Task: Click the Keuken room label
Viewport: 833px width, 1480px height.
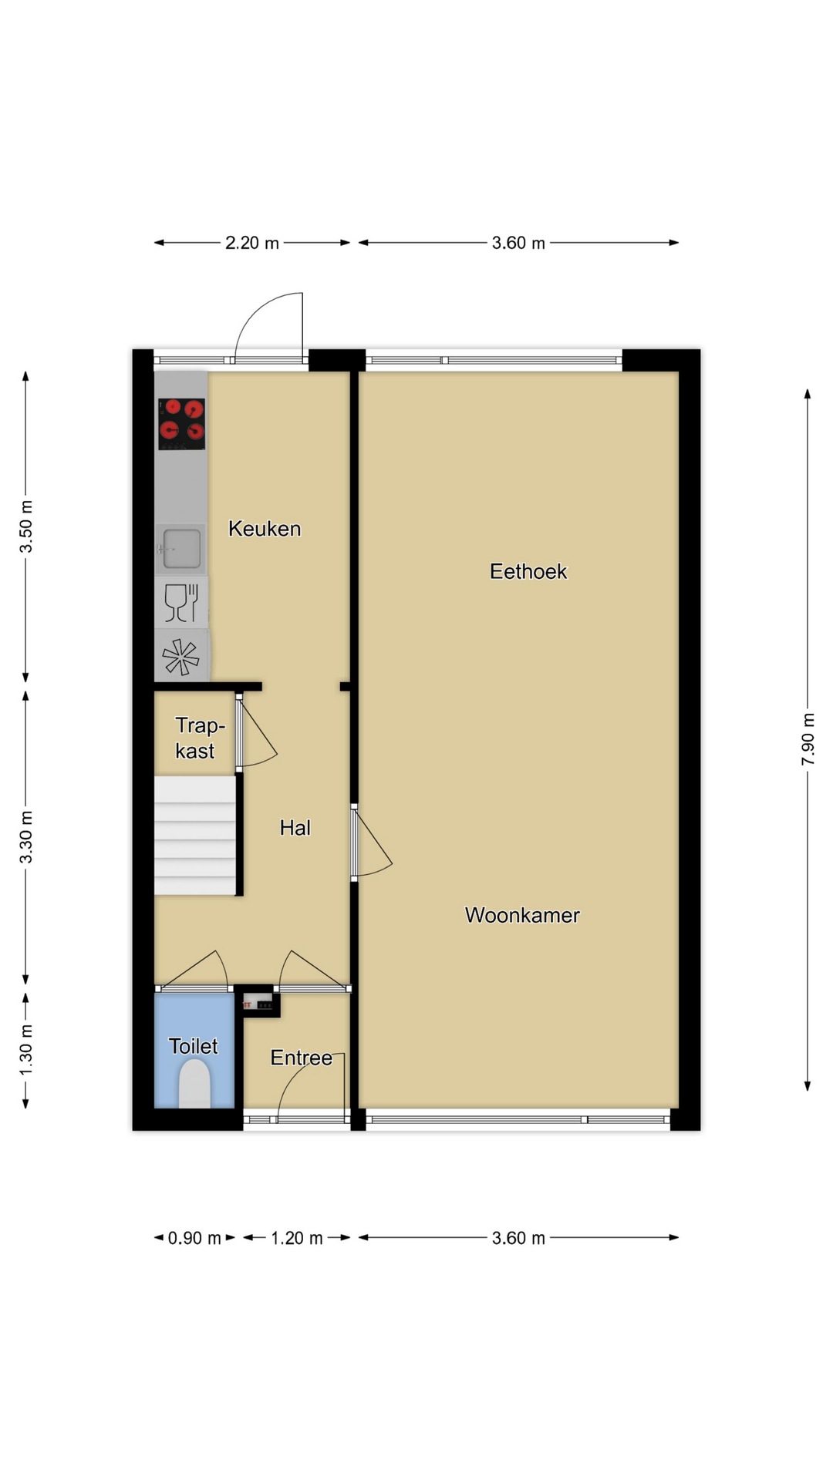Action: pyautogui.click(x=265, y=529)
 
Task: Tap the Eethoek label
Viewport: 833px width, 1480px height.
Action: pyautogui.click(x=528, y=571)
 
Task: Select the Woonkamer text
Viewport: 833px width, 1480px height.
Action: pyautogui.click(x=522, y=915)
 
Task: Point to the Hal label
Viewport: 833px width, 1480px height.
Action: pyautogui.click(x=295, y=828)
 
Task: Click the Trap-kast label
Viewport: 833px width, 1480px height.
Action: pyautogui.click(x=199, y=738)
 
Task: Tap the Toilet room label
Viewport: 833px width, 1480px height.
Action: pyautogui.click(x=193, y=1046)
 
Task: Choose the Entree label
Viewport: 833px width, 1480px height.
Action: pyautogui.click(x=301, y=1058)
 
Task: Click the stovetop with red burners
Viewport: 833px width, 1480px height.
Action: pyautogui.click(x=182, y=423)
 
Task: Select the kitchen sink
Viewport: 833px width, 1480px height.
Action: pyautogui.click(x=181, y=549)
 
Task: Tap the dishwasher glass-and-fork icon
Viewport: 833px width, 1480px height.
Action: pyautogui.click(x=181, y=603)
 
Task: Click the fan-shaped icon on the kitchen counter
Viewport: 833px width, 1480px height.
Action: pyautogui.click(x=181, y=657)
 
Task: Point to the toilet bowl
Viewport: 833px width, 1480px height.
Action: pyautogui.click(x=194, y=1084)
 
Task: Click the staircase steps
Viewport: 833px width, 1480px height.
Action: pyautogui.click(x=194, y=836)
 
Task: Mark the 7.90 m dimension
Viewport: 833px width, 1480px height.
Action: pyautogui.click(x=808, y=739)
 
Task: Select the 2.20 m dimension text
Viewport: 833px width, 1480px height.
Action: pyautogui.click(x=252, y=243)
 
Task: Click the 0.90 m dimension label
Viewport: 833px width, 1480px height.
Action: pyautogui.click(x=194, y=1238)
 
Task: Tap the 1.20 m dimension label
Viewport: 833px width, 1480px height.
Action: pyautogui.click(x=297, y=1238)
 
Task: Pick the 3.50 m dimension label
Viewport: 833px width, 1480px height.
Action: pyautogui.click(x=26, y=526)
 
